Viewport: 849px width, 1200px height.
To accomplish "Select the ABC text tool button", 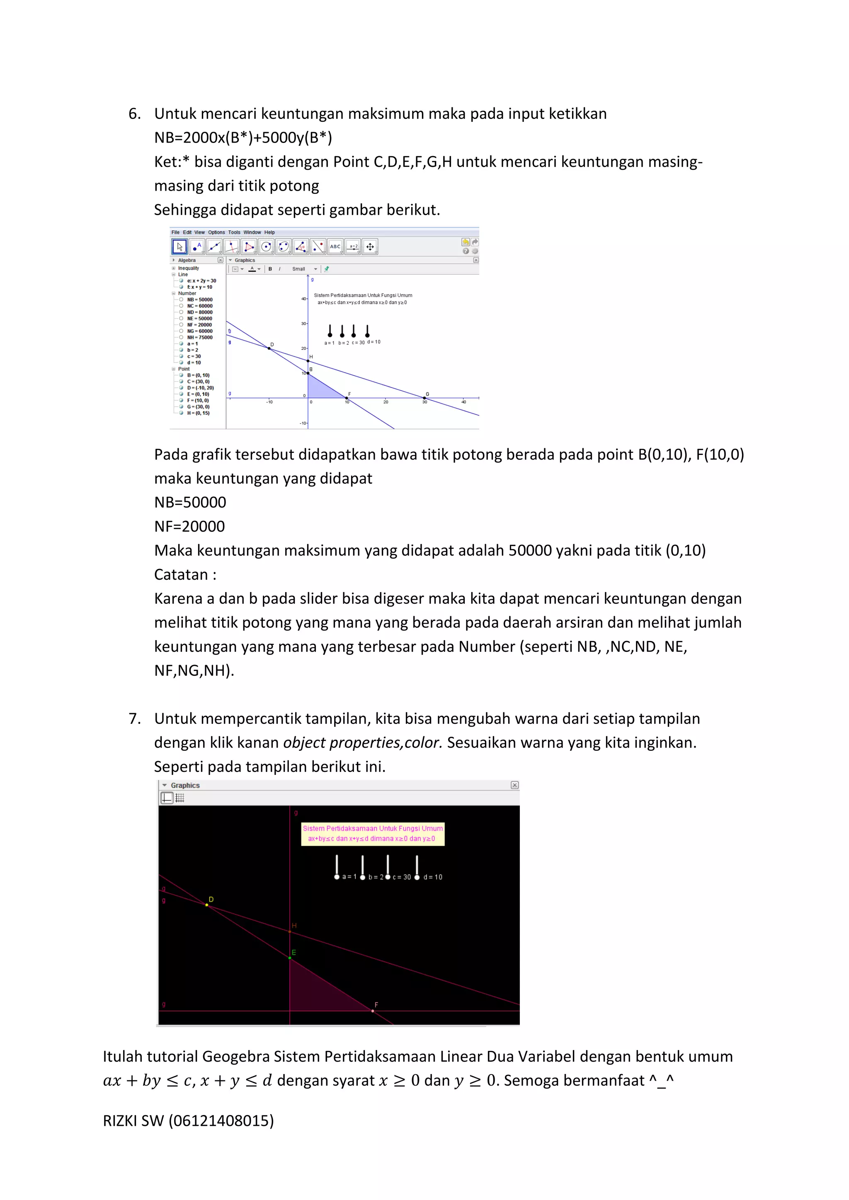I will [335, 247].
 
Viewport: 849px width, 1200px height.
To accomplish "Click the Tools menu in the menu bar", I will [234, 232].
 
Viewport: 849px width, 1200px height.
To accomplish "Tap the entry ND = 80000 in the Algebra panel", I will [200, 312].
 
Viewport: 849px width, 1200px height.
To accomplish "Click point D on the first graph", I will [269, 348].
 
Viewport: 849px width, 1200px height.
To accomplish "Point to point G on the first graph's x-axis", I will [424, 398].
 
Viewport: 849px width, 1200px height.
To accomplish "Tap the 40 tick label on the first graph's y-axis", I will [303, 299].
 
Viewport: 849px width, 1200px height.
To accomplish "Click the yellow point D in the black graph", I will [207, 905].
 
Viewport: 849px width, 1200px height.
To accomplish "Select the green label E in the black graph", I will [294, 952].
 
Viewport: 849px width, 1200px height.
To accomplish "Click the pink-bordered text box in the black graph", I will [372, 834].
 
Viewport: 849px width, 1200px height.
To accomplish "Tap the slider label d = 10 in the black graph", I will [432, 877].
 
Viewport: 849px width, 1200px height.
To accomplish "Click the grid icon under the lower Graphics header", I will [180, 798].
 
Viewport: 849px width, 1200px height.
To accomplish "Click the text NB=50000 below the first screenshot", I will [190, 502].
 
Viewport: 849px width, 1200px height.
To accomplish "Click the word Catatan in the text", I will [181, 574].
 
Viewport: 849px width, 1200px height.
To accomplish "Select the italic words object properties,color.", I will [362, 743].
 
